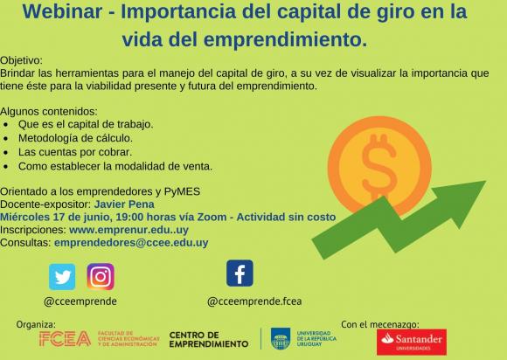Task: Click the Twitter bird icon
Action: click(62, 277)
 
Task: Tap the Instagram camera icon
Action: click(101, 277)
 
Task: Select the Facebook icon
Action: click(240, 273)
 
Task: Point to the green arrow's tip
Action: click(486, 181)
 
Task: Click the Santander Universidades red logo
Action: click(412, 342)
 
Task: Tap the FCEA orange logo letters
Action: click(65, 339)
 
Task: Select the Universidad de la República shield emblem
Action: click(281, 338)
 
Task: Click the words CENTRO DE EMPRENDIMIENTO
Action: click(209, 339)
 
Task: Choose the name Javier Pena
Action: click(124, 204)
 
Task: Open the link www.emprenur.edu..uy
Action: click(128, 230)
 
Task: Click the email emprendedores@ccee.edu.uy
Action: click(131, 243)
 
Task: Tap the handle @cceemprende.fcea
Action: click(254, 301)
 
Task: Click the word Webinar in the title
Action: click(62, 11)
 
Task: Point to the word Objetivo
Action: click(21, 60)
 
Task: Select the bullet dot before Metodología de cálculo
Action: click(5, 138)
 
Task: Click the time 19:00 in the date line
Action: click(129, 217)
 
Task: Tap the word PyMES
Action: click(182, 191)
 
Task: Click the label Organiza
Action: click(36, 324)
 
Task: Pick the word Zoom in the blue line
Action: click(212, 217)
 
